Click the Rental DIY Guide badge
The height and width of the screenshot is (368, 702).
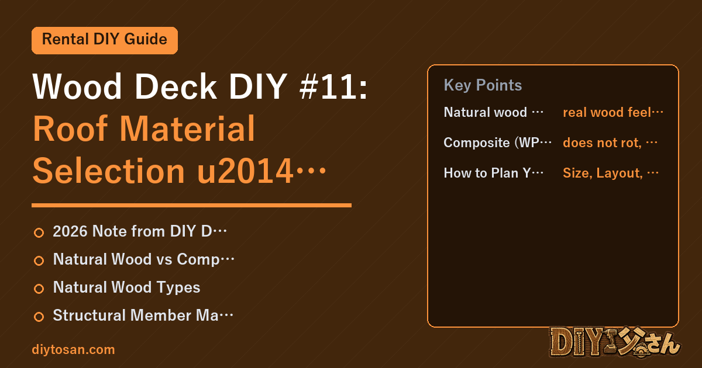click(105, 40)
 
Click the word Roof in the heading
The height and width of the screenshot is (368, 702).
click(71, 129)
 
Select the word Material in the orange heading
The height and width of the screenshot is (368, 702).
click(187, 129)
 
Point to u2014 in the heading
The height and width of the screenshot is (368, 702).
click(245, 171)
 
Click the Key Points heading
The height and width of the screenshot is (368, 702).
click(483, 85)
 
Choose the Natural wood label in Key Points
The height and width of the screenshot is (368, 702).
click(485, 112)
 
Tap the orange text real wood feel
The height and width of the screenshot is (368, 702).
click(607, 112)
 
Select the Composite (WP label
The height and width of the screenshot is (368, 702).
click(491, 143)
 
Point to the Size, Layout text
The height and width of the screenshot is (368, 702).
click(603, 173)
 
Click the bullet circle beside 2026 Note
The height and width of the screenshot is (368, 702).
click(39, 233)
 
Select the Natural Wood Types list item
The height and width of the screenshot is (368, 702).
click(126, 287)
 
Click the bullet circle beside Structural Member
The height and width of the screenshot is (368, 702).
click(39, 317)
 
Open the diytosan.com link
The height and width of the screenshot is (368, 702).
click(73, 350)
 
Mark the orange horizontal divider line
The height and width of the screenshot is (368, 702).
click(191, 205)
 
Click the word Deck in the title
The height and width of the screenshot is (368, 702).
click(175, 86)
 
